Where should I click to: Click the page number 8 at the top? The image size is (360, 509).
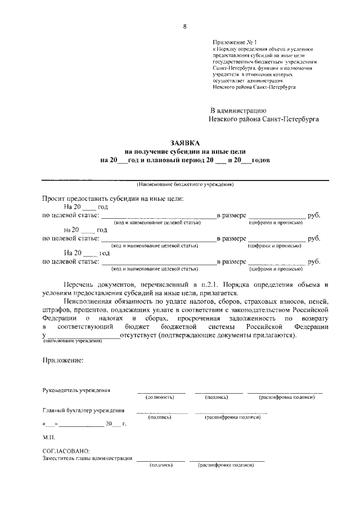tap(184, 26)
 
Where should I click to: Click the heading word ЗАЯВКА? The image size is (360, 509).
tap(185, 143)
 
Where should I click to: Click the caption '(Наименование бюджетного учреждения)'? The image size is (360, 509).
tap(185, 185)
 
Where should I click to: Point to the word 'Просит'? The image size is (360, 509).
tap(55, 199)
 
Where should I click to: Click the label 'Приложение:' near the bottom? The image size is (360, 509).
tap(63, 361)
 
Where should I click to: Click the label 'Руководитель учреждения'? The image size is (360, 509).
tap(76, 390)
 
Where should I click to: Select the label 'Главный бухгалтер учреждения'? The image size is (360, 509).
tap(83, 411)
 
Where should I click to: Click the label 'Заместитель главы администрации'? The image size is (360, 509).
tap(87, 458)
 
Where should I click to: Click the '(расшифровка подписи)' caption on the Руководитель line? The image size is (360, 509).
tap(286, 397)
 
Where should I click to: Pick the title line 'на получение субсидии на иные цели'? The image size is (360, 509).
tap(185, 152)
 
